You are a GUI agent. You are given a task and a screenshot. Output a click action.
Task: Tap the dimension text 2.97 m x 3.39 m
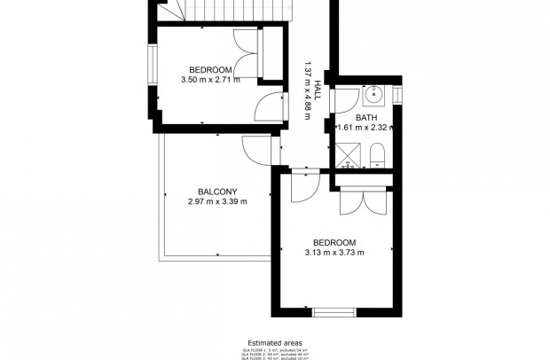tap(217, 201)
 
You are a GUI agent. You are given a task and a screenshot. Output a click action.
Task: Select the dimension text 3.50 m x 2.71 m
tap(210, 80)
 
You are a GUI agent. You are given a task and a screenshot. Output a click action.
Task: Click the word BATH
tap(366, 117)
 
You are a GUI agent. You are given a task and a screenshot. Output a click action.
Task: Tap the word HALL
tap(318, 89)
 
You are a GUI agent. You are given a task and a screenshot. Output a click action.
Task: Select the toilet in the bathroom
tap(376, 156)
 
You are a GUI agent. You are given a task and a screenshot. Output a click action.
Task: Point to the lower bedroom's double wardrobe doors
tap(361, 202)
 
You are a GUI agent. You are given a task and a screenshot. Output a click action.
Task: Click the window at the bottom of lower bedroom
tap(334, 312)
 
